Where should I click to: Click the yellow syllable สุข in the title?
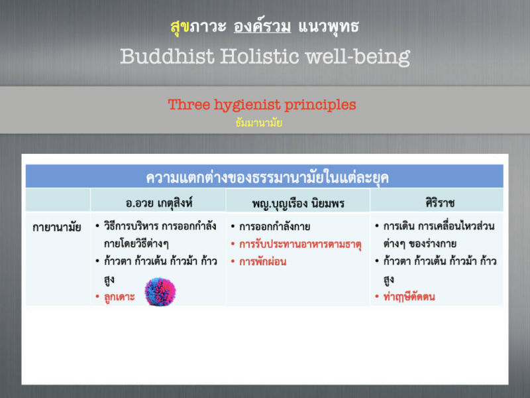click(x=180, y=27)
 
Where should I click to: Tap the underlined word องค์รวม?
click(x=262, y=26)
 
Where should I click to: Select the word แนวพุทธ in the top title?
click(x=329, y=27)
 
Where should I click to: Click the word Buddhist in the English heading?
click(x=168, y=56)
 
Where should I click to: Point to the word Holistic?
click(x=260, y=56)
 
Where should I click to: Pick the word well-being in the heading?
click(x=358, y=57)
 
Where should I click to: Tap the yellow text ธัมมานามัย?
click(x=259, y=123)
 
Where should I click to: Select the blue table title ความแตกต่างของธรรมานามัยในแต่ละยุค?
click(x=268, y=178)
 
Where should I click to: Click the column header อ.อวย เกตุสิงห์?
click(x=159, y=203)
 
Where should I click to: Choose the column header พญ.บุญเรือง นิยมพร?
click(x=298, y=204)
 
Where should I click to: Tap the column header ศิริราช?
click(x=440, y=203)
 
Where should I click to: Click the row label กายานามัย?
click(x=57, y=227)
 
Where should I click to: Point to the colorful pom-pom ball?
click(x=160, y=292)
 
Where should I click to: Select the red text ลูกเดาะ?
click(x=119, y=297)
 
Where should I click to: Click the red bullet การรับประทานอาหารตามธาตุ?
click(x=301, y=244)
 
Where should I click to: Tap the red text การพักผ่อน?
click(x=262, y=261)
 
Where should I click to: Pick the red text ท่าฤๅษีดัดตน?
click(x=409, y=297)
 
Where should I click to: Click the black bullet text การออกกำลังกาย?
click(x=274, y=226)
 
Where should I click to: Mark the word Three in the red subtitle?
click(x=189, y=105)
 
